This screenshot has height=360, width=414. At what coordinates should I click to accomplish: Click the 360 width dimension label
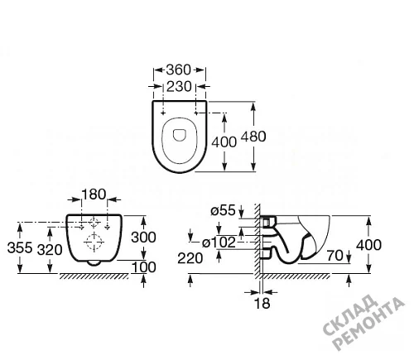178,70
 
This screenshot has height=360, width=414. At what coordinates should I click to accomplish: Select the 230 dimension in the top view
179,86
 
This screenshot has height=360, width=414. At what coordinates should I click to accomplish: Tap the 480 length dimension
253,137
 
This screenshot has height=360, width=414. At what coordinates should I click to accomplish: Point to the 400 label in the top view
224,142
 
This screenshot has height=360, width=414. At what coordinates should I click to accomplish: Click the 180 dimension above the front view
94,194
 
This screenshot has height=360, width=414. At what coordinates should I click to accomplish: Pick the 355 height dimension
20,247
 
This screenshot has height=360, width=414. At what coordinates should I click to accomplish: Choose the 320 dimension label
50,250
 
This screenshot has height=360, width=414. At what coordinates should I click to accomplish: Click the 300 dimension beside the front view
143,238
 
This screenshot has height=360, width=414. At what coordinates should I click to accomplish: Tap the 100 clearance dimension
143,267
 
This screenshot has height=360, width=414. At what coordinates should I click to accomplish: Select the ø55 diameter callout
223,211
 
